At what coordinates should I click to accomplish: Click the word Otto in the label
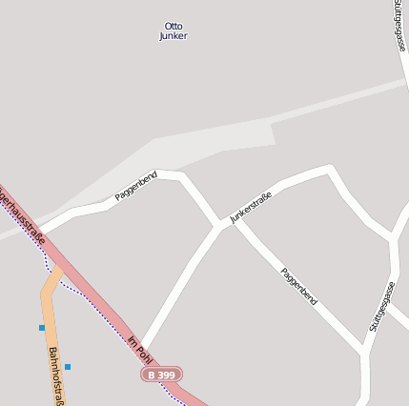click(173, 26)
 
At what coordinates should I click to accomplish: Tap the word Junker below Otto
click(173, 36)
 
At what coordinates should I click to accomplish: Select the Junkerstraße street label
click(251, 207)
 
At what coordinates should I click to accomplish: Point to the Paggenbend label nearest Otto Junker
click(135, 185)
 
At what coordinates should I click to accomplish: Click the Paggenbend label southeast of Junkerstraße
click(299, 286)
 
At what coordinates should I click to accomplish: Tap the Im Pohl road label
click(139, 349)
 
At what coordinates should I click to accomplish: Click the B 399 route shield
click(161, 376)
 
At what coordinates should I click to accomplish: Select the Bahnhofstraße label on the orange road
click(55, 376)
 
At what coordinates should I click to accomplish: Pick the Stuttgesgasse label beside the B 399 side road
click(381, 307)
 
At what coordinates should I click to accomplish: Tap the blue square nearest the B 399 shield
click(68, 366)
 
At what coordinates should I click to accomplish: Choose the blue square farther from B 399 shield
click(42, 327)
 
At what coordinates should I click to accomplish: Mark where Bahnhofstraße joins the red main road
click(60, 272)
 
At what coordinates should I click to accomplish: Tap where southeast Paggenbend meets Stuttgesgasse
click(365, 351)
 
